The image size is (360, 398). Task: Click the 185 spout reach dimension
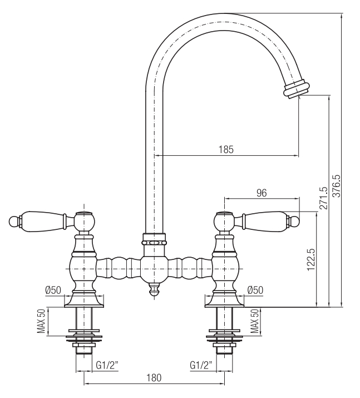click(226, 150)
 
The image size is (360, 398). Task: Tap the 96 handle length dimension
click(262, 193)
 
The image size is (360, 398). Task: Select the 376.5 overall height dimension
click(337, 185)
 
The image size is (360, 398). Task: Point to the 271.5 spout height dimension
click(323, 198)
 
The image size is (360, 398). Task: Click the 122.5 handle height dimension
click(311, 259)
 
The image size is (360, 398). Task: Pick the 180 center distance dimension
click(154, 377)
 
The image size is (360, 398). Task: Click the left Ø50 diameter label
click(53, 290)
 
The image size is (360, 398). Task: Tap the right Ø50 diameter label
click(255, 290)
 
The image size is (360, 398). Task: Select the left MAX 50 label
click(42, 321)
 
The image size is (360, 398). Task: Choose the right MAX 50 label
click(255, 321)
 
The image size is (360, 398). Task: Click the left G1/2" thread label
click(107, 366)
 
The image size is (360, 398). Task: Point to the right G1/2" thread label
click(201, 366)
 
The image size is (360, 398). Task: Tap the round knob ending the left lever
click(13, 221)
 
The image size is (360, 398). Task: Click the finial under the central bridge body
click(154, 290)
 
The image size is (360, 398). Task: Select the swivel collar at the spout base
click(154, 239)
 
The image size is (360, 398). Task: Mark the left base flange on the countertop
click(84, 301)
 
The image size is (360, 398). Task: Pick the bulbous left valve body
click(84, 268)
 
